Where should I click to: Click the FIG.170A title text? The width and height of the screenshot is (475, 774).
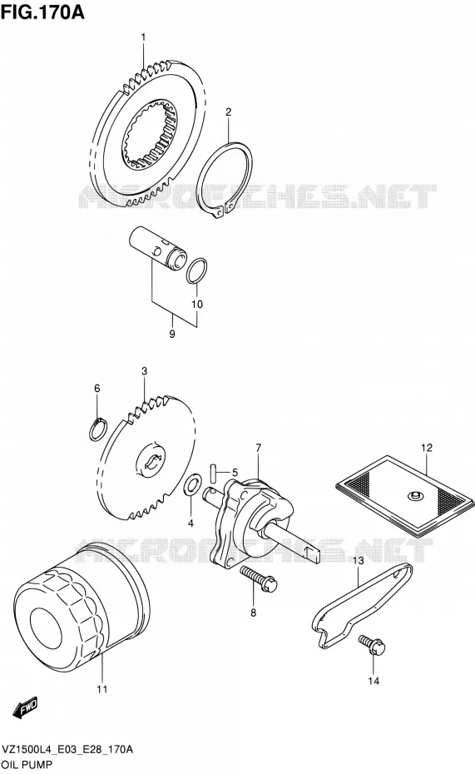pyautogui.click(x=42, y=12)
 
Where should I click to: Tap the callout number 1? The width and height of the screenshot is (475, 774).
pyautogui.click(x=144, y=37)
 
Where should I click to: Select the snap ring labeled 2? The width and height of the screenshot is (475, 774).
pyautogui.click(x=225, y=180)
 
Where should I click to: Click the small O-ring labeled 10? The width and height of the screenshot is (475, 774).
pyautogui.click(x=197, y=271)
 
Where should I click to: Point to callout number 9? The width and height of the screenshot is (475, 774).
pyautogui.click(x=172, y=335)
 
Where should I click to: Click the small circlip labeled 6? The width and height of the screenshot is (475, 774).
pyautogui.click(x=97, y=429)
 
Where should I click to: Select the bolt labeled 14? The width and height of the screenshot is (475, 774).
pyautogui.click(x=373, y=645)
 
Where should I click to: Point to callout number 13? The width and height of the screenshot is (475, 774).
pyautogui.click(x=358, y=560)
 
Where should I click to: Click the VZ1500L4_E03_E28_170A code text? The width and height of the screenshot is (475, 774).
pyautogui.click(x=67, y=749)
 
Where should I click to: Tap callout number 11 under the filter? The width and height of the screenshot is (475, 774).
pyautogui.click(x=101, y=688)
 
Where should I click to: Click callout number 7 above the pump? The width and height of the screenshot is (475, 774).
pyautogui.click(x=258, y=448)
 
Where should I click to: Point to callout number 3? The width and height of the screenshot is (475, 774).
pyautogui.click(x=144, y=370)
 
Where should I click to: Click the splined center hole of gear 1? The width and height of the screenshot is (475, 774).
pyautogui.click(x=150, y=135)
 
